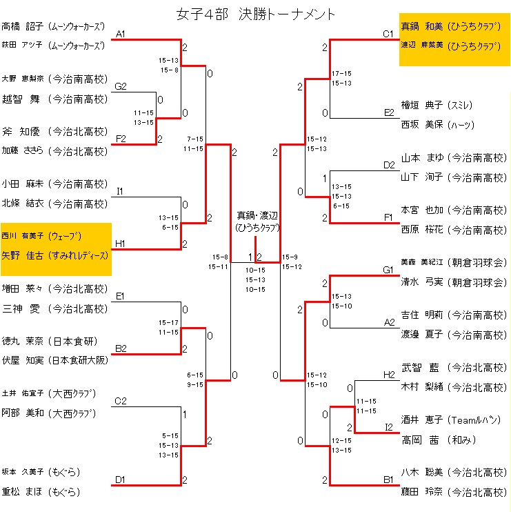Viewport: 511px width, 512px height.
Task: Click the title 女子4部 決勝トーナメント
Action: coord(256,14)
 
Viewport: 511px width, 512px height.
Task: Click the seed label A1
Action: coord(120,34)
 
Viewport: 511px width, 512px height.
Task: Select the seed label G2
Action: coord(121,86)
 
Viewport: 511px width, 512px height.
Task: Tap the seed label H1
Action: coord(120,244)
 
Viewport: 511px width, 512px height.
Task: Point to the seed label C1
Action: coord(388,33)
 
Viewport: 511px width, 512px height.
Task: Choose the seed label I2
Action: coord(388,428)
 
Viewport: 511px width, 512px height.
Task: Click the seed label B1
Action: coord(388,479)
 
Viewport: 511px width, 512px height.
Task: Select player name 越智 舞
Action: coord(20,99)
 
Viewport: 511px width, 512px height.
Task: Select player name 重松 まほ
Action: coord(21,492)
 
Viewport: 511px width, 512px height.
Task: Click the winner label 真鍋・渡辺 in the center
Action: coord(255,215)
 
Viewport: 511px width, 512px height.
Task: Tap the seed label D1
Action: coord(120,479)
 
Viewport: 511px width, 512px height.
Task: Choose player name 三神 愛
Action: coord(20,308)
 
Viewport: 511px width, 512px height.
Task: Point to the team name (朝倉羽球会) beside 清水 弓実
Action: coord(477,282)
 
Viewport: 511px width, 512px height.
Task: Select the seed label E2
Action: coord(388,112)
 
